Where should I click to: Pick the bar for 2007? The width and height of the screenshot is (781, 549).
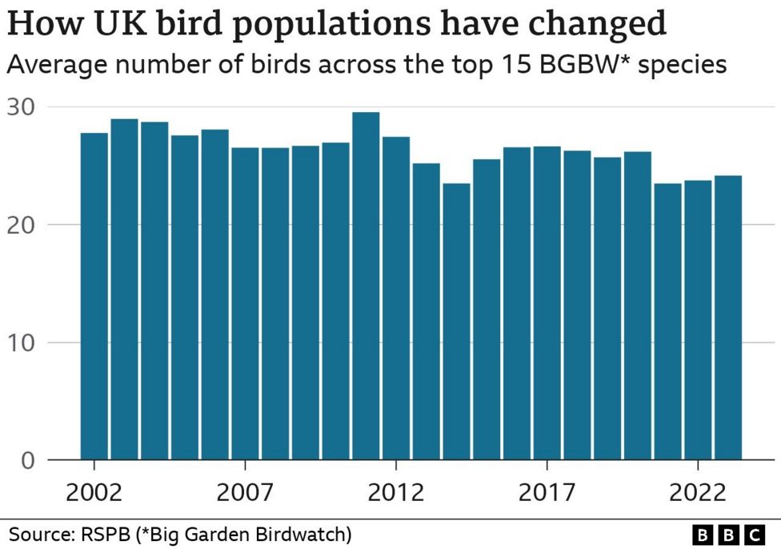click(245, 303)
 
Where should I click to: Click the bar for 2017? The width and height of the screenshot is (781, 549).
click(547, 303)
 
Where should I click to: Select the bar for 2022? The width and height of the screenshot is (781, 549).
click(698, 320)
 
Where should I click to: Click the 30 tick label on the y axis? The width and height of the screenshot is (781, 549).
click(22, 106)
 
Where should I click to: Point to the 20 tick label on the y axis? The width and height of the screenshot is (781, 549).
click(22, 224)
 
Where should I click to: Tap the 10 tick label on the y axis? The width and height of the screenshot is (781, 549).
click(22, 343)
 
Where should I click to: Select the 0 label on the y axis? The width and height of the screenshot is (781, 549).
click(30, 460)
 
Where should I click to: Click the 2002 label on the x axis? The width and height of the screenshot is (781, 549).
click(94, 491)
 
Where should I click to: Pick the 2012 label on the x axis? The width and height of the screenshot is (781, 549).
click(396, 491)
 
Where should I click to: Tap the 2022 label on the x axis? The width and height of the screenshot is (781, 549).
click(698, 491)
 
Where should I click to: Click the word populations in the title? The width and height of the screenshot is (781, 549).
click(320, 26)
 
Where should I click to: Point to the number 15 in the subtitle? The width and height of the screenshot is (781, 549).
click(496, 65)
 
